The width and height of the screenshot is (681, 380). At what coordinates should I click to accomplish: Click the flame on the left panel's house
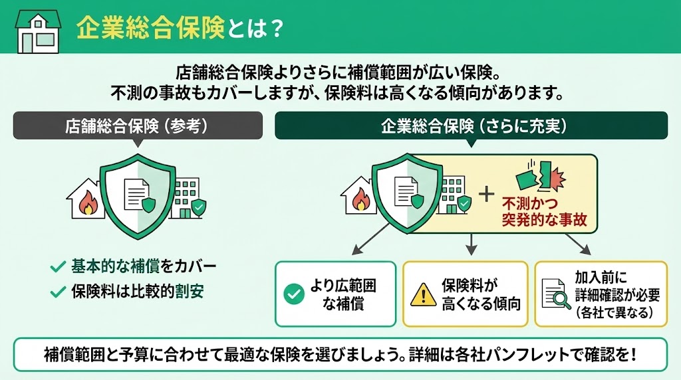coord(87,203)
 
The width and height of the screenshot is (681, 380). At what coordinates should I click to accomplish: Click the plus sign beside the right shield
coord(487,193)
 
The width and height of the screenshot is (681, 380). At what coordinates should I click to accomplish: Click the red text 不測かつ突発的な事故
coord(544,212)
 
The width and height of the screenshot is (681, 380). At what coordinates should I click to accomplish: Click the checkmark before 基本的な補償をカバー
coord(57,267)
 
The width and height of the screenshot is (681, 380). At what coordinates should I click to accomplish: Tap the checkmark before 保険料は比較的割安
coord(57,291)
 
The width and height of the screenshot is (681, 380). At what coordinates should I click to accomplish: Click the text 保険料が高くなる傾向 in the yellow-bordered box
coord(480,294)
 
